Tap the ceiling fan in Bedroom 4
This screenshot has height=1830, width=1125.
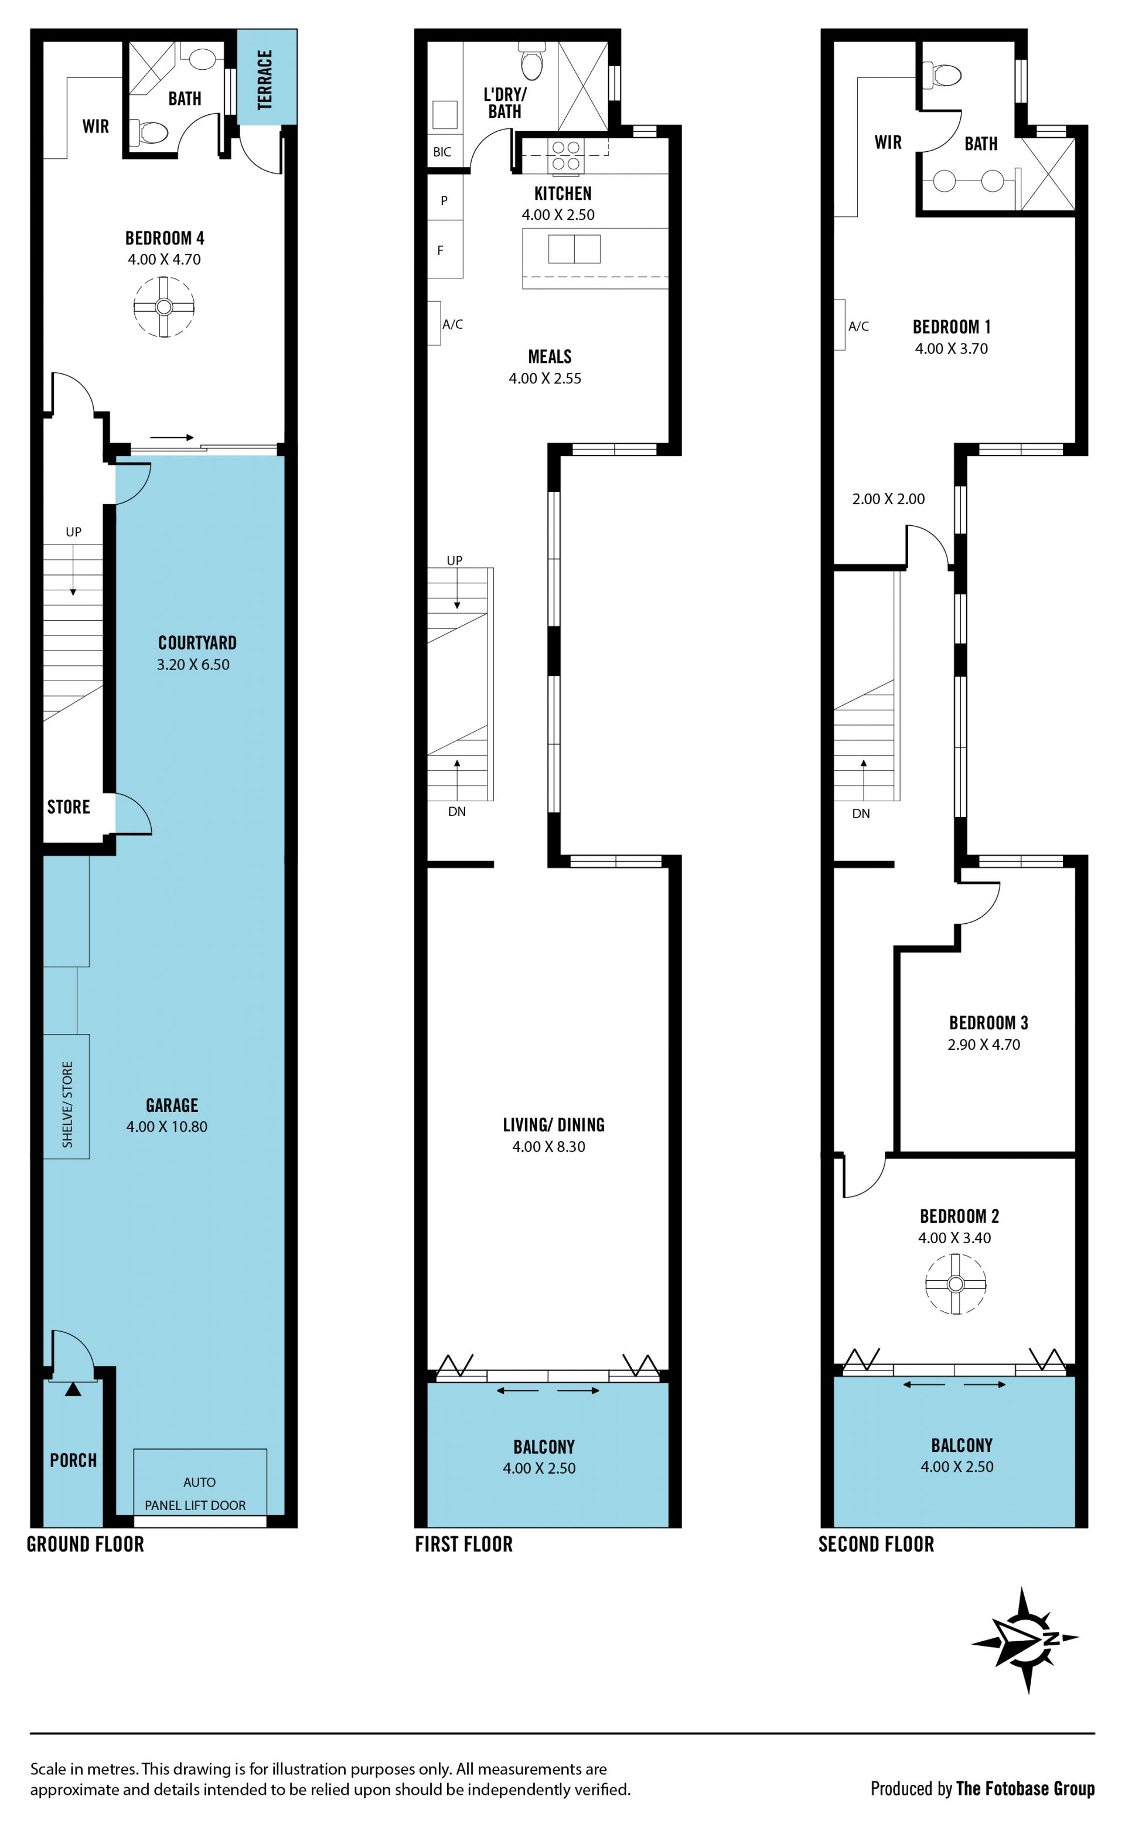click(163, 307)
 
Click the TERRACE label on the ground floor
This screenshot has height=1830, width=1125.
click(265, 80)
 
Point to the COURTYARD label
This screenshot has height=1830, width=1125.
click(197, 643)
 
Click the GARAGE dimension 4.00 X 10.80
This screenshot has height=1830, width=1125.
click(166, 1127)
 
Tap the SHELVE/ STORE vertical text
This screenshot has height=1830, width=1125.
click(67, 1104)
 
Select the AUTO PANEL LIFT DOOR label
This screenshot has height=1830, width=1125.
click(196, 1494)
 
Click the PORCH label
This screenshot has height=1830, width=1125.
click(73, 1461)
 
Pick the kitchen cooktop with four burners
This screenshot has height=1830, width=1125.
click(565, 155)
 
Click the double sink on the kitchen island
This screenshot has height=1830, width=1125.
click(574, 249)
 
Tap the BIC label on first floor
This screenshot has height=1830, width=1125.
click(442, 152)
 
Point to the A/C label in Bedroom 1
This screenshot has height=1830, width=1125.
click(858, 326)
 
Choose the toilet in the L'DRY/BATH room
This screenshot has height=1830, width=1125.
click(532, 60)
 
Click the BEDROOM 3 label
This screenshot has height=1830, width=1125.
click(988, 1022)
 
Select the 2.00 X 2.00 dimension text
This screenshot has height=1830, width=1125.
click(888, 499)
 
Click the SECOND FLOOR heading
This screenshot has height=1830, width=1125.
click(877, 1544)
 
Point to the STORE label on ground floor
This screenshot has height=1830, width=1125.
click(69, 807)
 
